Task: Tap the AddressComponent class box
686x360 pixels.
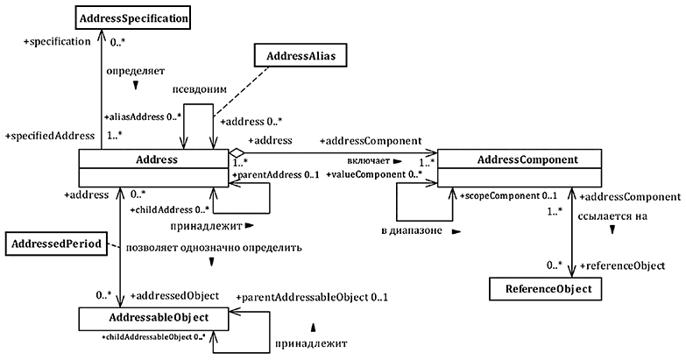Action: coord(520,160)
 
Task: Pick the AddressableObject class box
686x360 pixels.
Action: coord(153,316)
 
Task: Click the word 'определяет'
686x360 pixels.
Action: coord(135,69)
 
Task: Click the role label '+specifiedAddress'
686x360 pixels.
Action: coord(49,136)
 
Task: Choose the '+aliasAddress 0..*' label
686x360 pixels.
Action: coord(142,116)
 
